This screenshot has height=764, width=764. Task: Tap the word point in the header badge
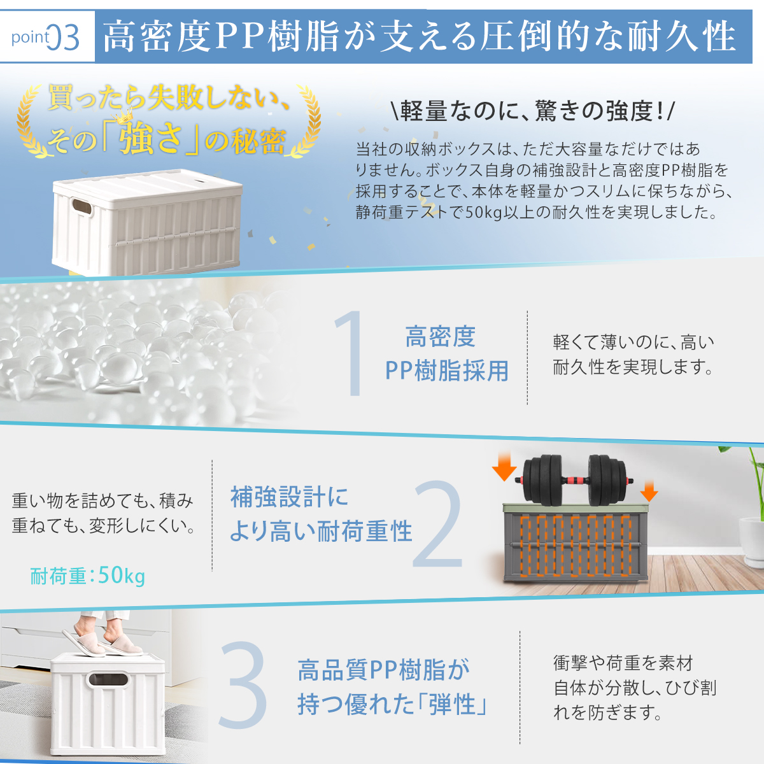pyautogui.click(x=31, y=37)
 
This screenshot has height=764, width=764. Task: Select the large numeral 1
pyautogui.click(x=350, y=353)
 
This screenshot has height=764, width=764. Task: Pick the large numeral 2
pyautogui.click(x=437, y=524)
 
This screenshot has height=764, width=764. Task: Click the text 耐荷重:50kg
pyautogui.click(x=88, y=576)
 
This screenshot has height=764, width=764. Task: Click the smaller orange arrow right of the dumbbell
pyautogui.click(x=649, y=491)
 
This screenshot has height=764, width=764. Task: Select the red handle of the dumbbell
pyautogui.click(x=575, y=480)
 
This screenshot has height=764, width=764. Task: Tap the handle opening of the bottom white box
pyautogui.click(x=108, y=679)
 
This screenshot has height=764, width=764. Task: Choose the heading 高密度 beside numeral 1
pyautogui.click(x=440, y=337)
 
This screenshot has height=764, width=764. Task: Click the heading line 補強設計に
pyautogui.click(x=289, y=497)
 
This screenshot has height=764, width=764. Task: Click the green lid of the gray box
pyautogui.click(x=576, y=508)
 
